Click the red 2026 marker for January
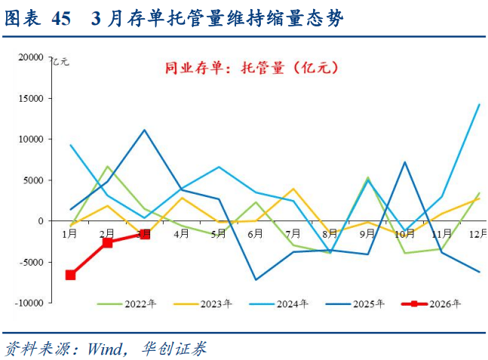coord(70,275)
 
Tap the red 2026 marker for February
coord(107,242)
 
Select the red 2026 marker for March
coord(145,234)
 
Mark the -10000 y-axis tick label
coord(29,303)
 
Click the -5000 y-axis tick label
coord(32,262)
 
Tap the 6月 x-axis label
coord(256,234)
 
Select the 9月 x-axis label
coord(367,234)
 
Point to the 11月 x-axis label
coord(441,234)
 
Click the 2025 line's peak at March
coord(145,130)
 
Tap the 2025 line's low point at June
coord(256,280)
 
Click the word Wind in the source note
coord(105,349)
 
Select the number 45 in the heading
coord(62,19)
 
